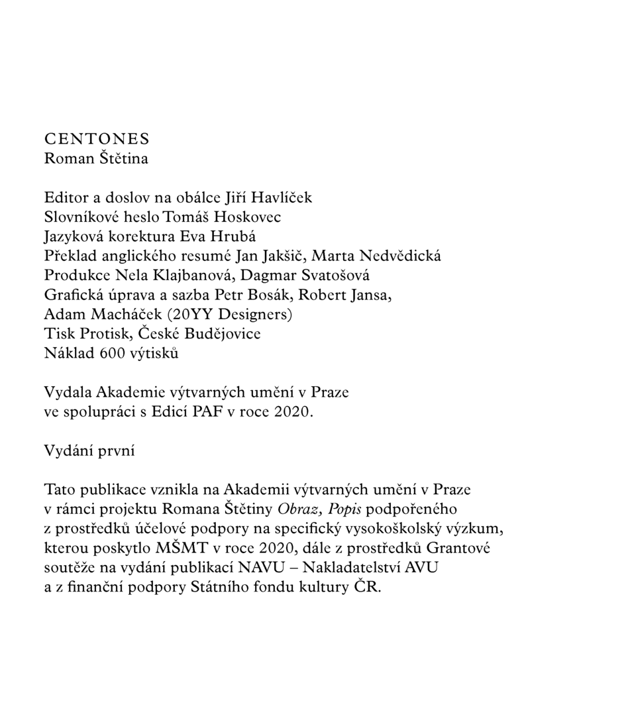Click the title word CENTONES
click(x=97, y=139)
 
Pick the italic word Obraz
click(x=299, y=509)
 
